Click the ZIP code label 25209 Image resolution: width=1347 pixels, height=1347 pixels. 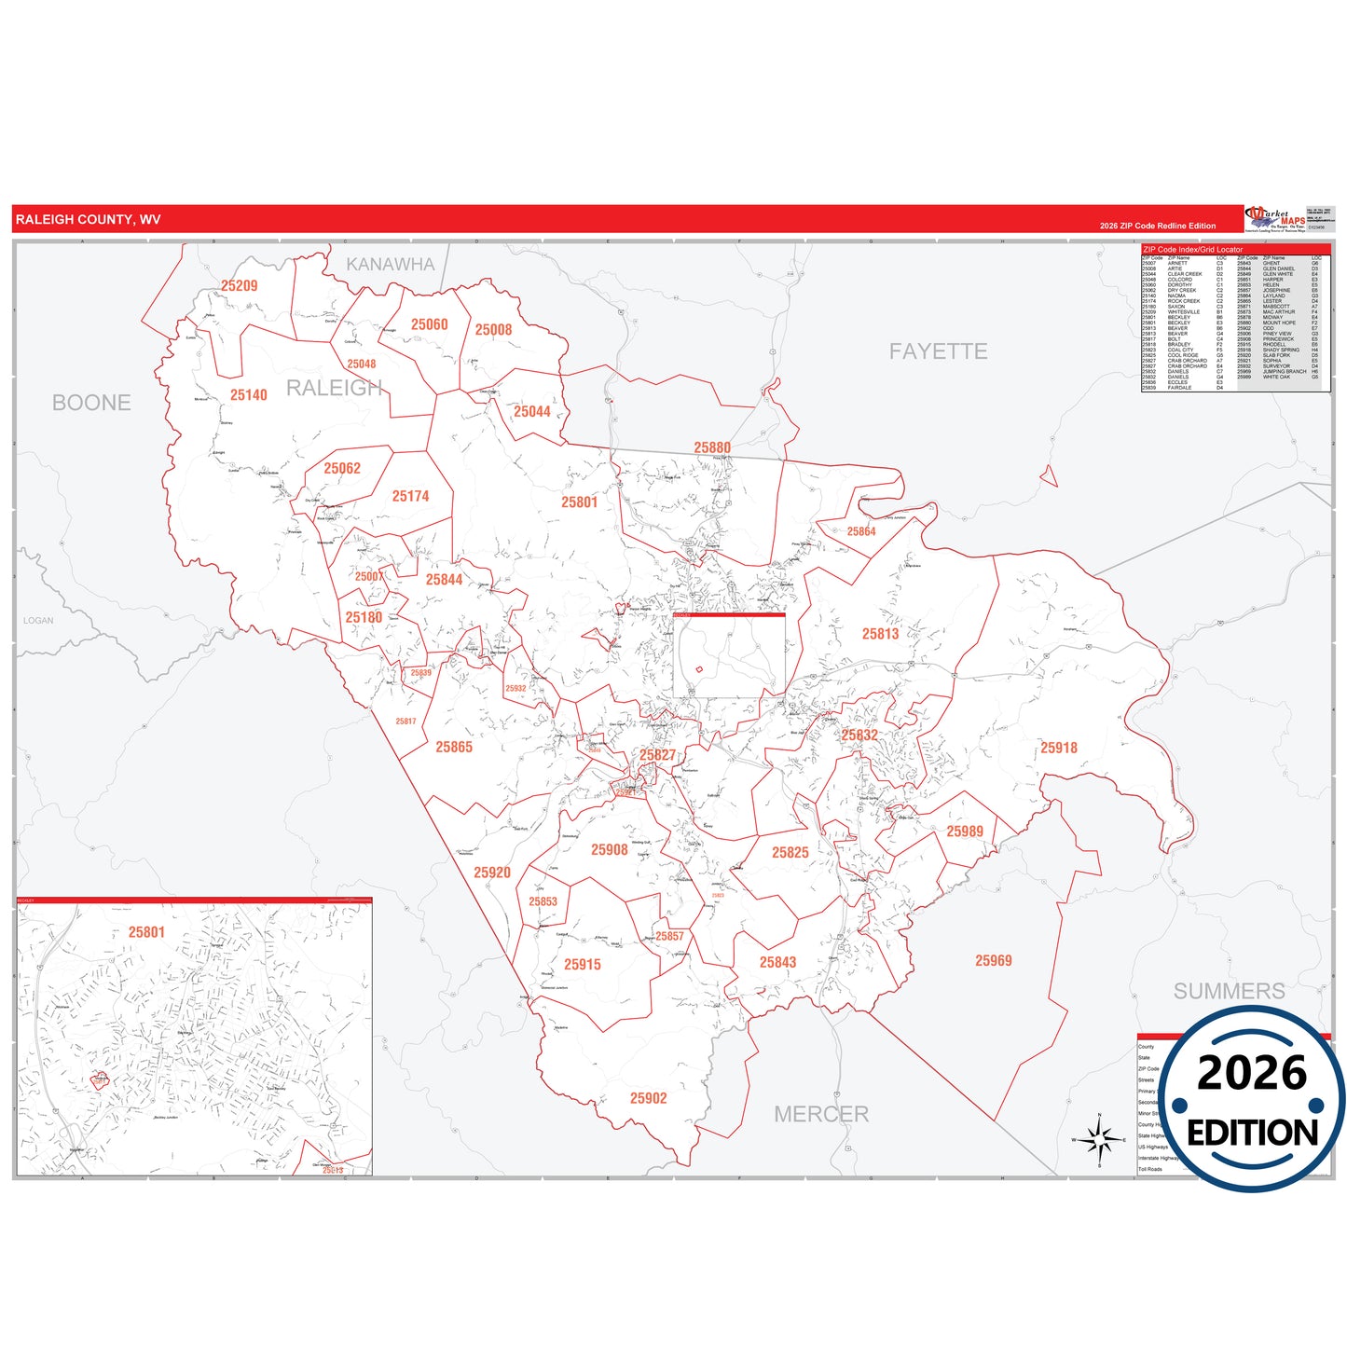pos(239,286)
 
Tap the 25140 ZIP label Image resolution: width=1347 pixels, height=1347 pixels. pos(249,395)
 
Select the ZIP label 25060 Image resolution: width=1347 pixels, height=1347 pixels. pos(429,324)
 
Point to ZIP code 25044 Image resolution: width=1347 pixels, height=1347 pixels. pos(531,412)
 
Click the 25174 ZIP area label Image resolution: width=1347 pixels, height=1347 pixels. pos(410,497)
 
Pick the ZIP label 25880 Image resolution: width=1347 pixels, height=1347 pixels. pos(712,447)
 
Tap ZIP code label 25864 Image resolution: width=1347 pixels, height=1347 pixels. pos(861,531)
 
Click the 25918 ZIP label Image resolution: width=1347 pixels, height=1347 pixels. pos(1059,748)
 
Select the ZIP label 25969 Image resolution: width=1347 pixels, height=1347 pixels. pos(993,961)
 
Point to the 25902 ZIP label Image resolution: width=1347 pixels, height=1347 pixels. pos(648,1098)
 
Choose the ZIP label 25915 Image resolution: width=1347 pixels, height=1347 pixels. pos(583,965)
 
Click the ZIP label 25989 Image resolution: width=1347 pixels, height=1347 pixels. pos(965,832)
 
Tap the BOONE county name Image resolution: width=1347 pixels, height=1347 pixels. pos(91,403)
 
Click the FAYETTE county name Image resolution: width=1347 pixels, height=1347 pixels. pos(938,351)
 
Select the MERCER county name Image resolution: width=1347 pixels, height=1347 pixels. pos(821,1114)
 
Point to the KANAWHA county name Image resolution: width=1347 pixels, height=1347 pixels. pos(391,265)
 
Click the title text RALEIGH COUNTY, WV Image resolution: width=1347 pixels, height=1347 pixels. pos(88,220)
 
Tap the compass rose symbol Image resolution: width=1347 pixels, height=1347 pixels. pos(1100,1139)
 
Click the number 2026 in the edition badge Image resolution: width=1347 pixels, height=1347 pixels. pos(1252,1073)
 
